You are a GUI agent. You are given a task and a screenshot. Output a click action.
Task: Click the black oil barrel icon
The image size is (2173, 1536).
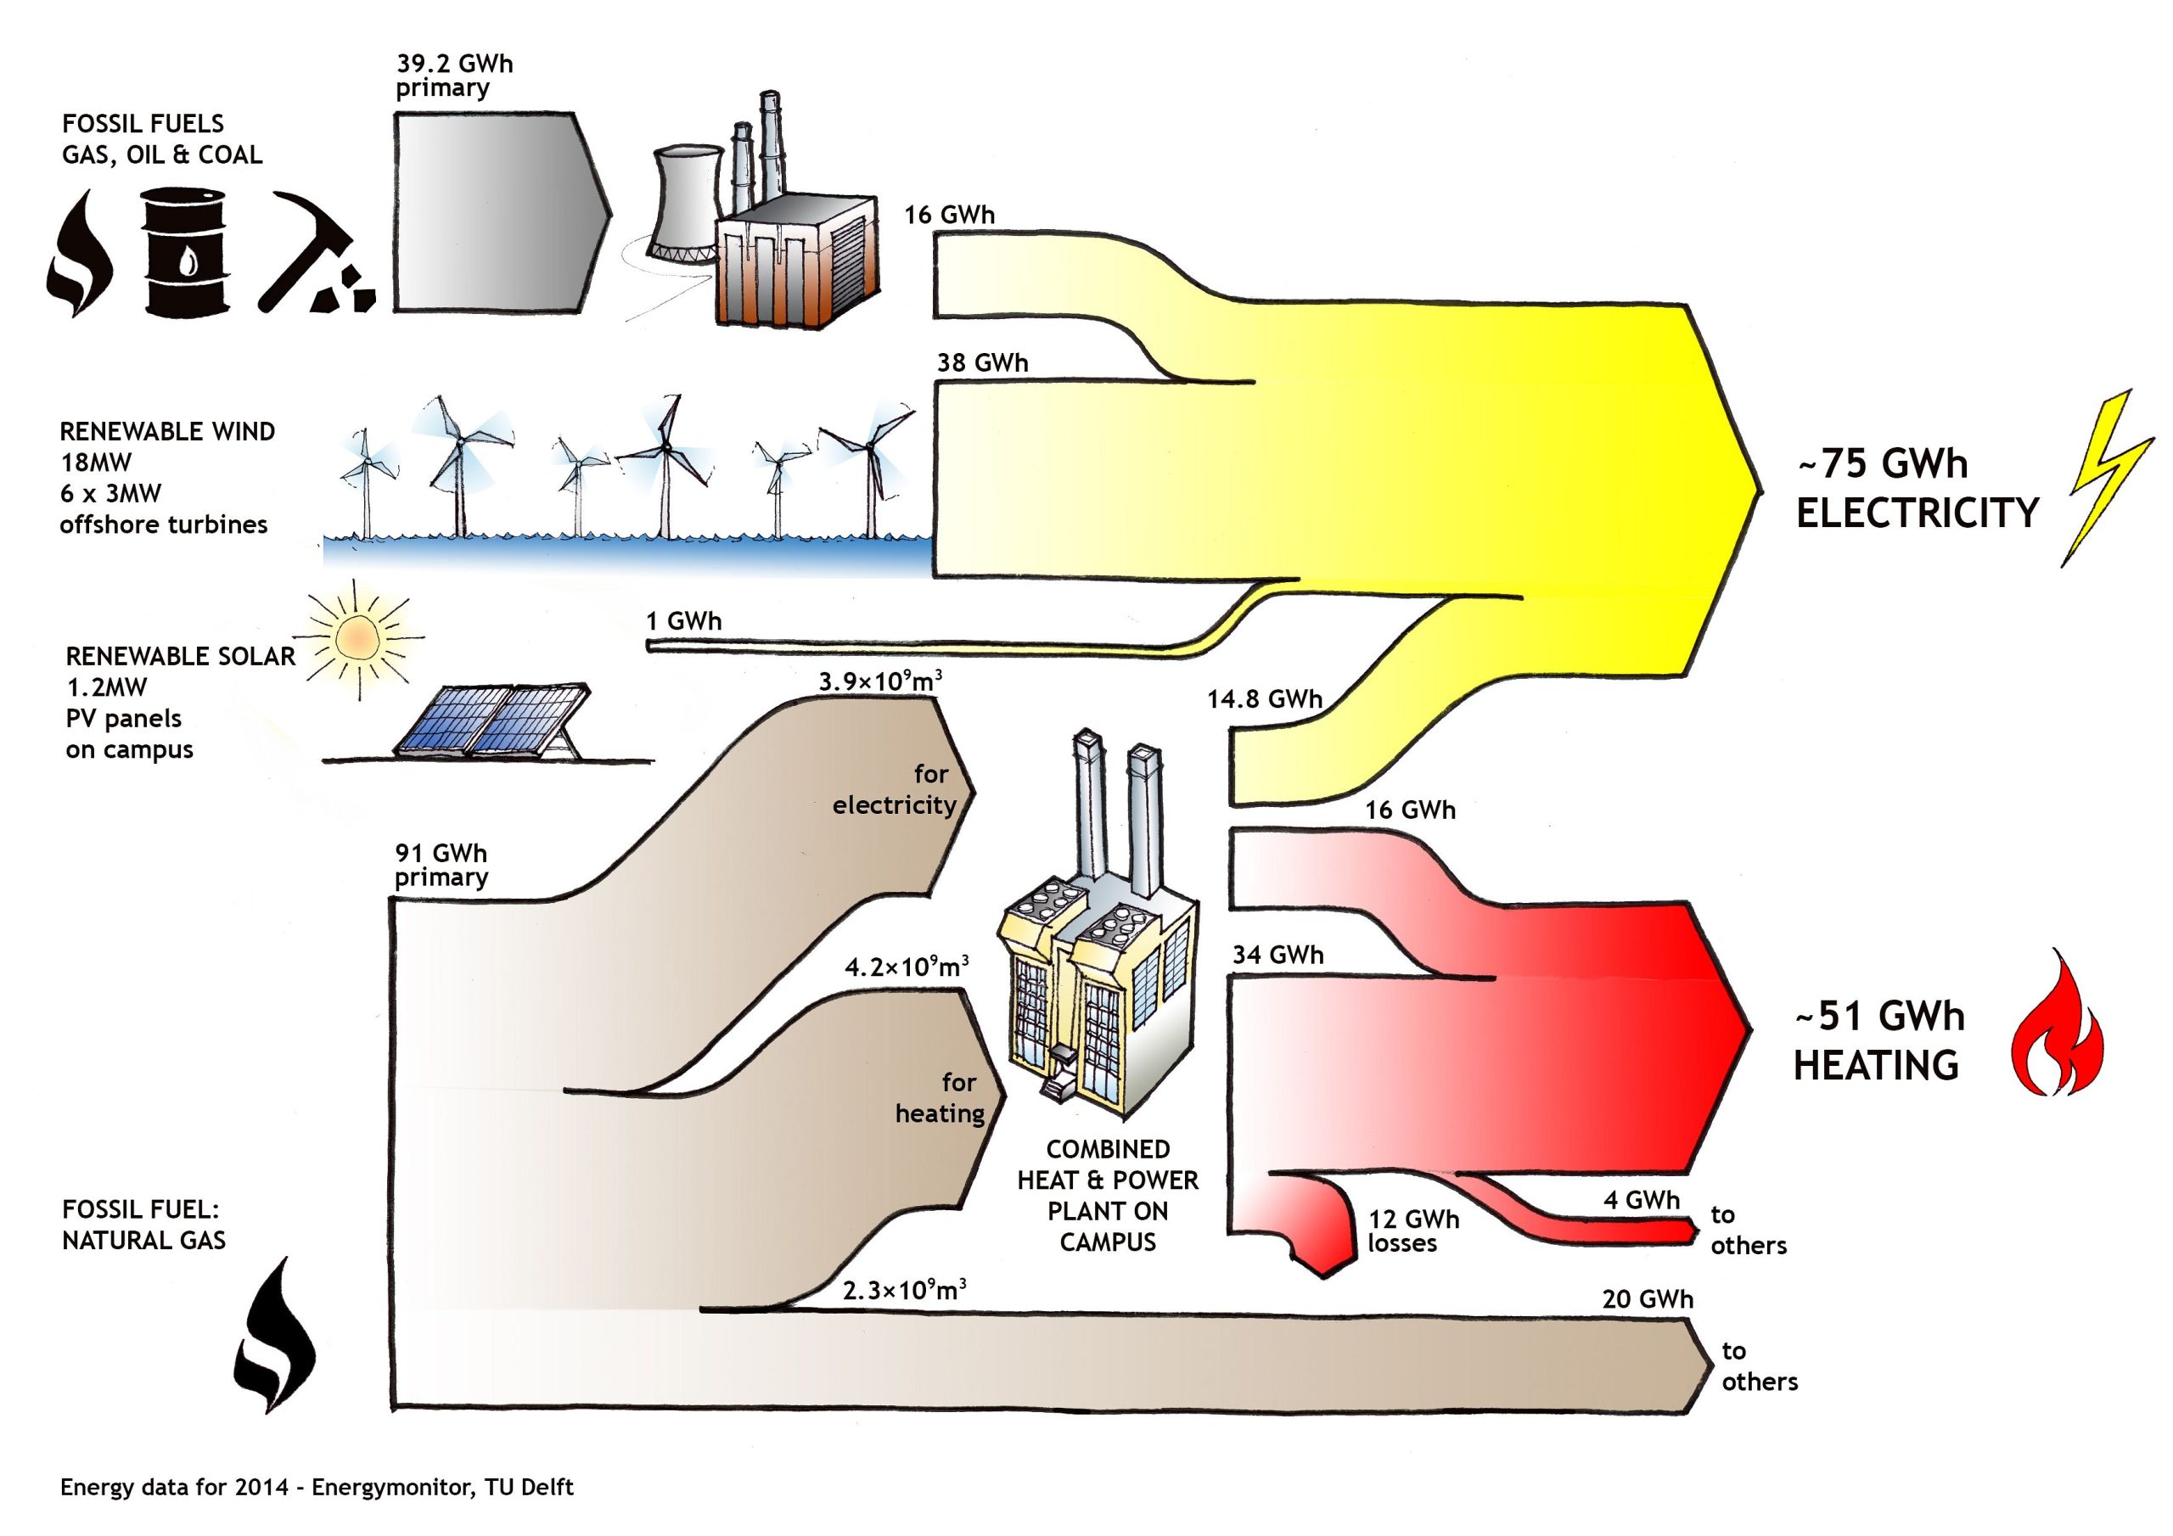point(186,251)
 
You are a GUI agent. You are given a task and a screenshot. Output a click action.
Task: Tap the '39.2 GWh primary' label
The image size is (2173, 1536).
point(453,76)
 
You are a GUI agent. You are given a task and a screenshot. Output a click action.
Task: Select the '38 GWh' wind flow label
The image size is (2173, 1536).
point(981,362)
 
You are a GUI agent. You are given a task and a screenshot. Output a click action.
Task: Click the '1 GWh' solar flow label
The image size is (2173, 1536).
point(683,621)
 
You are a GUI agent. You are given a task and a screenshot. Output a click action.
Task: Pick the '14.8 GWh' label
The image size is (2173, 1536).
point(1264,699)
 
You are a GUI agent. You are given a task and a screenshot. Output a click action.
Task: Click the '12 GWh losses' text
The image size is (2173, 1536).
point(1412,1231)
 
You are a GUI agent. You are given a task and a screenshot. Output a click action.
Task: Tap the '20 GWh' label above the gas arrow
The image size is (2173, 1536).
point(1647,1299)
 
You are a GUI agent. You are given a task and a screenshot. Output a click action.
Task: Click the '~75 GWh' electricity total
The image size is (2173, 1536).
point(1883,463)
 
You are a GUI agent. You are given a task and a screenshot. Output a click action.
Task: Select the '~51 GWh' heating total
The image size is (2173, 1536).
point(1879,1017)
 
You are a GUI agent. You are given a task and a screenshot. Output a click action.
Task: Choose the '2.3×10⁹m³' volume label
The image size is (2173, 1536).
point(904,1289)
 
